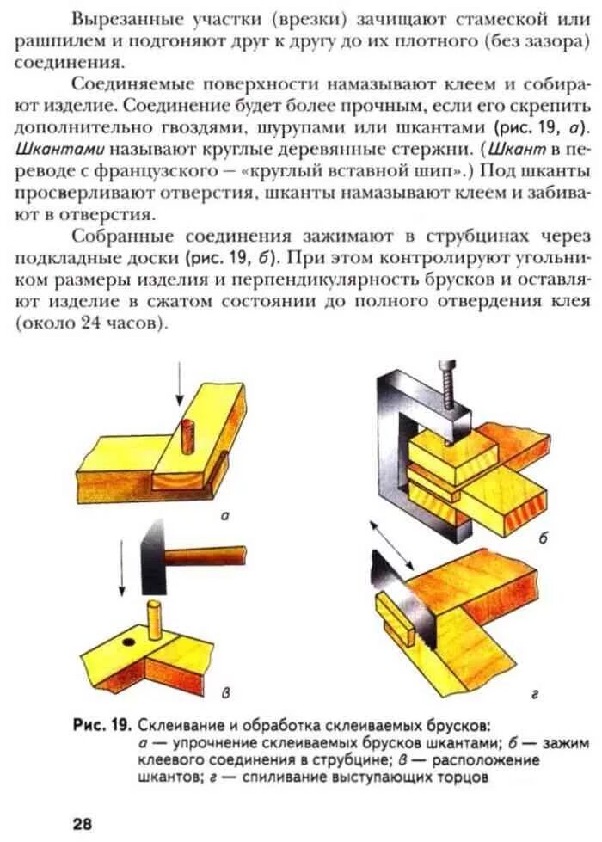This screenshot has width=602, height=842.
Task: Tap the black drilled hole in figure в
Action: (x=129, y=642)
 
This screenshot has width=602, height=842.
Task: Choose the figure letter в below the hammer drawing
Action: (x=225, y=693)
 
